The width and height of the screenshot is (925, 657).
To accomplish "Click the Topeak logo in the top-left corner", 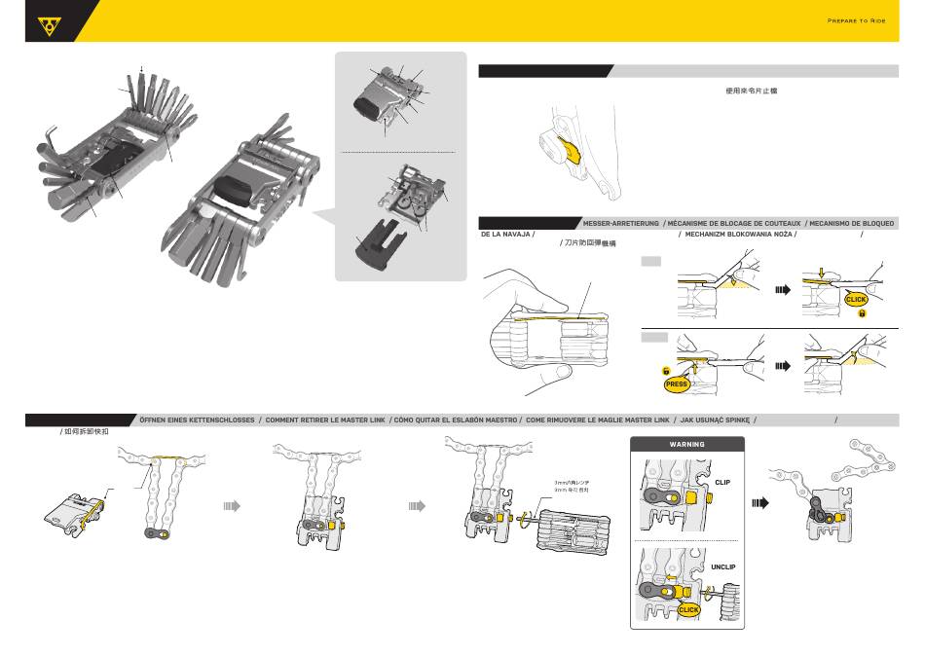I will pyautogui.click(x=45, y=26).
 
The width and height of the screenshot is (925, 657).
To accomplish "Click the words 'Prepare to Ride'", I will pyautogui.click(x=861, y=20).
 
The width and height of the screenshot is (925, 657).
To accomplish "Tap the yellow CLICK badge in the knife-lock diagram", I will pyautogui.click(x=856, y=299).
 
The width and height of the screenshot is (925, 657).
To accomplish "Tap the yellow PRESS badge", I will pyautogui.click(x=677, y=383).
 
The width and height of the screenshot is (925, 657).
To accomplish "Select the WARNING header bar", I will pyautogui.click(x=687, y=444).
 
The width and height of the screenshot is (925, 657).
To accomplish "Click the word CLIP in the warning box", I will pyautogui.click(x=721, y=482).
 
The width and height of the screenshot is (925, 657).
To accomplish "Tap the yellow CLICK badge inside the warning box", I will pyautogui.click(x=688, y=609).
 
